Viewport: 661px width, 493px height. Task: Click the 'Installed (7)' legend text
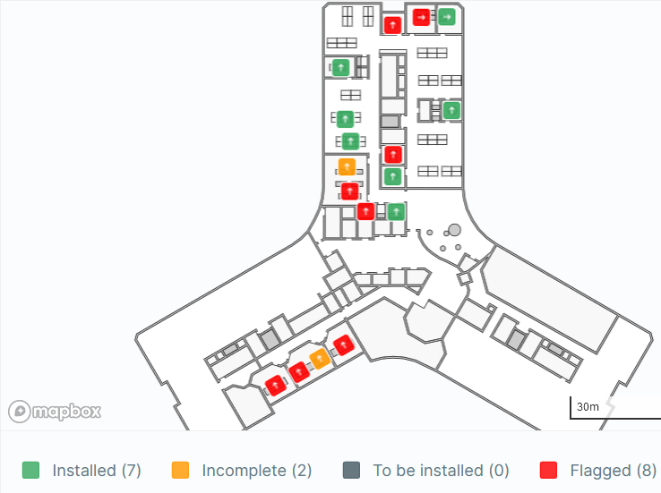tap(97, 471)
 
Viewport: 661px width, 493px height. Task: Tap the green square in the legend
tap(30, 471)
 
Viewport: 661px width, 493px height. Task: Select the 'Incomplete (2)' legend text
tap(257, 471)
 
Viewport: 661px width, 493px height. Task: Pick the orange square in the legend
tap(180, 471)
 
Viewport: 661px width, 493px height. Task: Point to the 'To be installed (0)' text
tap(441, 471)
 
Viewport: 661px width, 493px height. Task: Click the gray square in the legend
tap(352, 471)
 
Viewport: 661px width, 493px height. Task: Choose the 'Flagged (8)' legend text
tap(613, 471)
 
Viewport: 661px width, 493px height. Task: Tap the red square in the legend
tap(548, 471)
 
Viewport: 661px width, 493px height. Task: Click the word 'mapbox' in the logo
tap(67, 411)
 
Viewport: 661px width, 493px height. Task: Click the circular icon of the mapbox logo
tap(20, 411)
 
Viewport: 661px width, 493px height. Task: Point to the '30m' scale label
tap(588, 407)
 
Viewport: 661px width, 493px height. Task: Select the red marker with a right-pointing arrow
tap(421, 17)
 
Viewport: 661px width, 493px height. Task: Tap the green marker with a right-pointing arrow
tap(446, 17)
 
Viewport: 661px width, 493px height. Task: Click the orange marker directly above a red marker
tap(347, 167)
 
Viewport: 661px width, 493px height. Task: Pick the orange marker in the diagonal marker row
tap(320, 359)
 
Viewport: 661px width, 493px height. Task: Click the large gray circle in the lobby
tap(454, 230)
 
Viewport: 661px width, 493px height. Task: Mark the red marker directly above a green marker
tap(393, 155)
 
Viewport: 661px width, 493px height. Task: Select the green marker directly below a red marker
tap(393, 176)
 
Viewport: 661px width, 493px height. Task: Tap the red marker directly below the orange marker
tap(349, 191)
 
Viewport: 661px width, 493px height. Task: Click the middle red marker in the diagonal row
tap(299, 372)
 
